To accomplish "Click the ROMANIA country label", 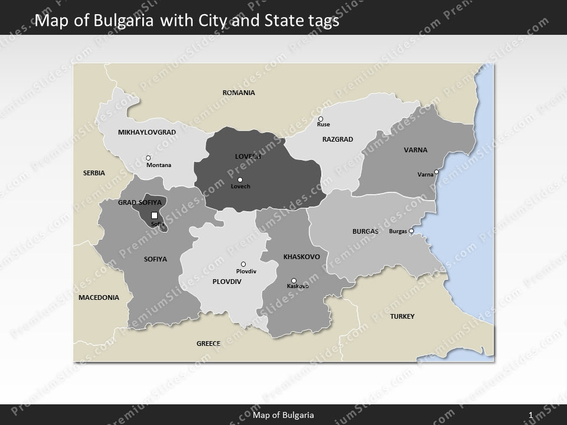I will (x=239, y=93).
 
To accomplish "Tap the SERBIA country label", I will (x=94, y=173).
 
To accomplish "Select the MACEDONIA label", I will (x=99, y=297).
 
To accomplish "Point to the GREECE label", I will (x=208, y=343).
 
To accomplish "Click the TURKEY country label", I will (x=402, y=316).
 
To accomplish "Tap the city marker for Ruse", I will (x=321, y=119).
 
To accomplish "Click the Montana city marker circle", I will (x=148, y=158).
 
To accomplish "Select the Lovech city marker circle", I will (x=240, y=179).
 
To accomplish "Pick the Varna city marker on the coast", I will (x=436, y=172).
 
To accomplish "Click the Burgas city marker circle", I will (x=412, y=231).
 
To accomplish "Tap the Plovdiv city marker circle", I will (x=243, y=264).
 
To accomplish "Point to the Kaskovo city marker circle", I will (x=294, y=280).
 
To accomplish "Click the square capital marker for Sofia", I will (x=155, y=215).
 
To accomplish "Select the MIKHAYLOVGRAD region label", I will (x=147, y=132).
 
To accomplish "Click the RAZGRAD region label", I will (x=337, y=139).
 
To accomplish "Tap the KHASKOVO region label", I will (x=302, y=257).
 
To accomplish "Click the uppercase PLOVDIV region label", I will (x=227, y=282).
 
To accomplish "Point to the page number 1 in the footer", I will (x=532, y=416).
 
